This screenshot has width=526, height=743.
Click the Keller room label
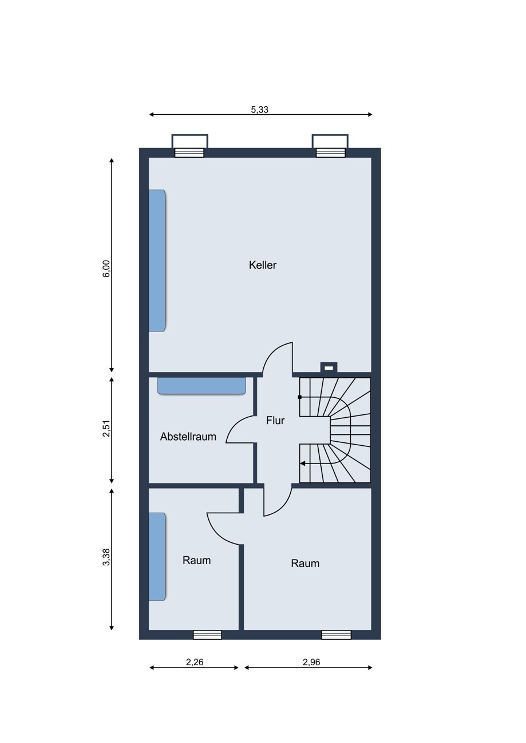pos(262,265)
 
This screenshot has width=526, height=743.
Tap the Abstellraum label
pos(188,437)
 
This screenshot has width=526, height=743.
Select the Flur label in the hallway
pos(275,421)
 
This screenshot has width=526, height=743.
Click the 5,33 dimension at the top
pos(259,110)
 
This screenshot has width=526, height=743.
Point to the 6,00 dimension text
pos(106,269)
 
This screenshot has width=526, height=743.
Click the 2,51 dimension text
pos(106,429)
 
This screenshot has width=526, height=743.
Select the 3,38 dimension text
pos(106,558)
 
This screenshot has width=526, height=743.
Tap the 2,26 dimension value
pos(194,662)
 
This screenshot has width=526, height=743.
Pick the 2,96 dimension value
pos(311,662)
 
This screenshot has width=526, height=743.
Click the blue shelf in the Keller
pos(157,261)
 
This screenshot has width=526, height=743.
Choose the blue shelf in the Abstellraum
pos(201,386)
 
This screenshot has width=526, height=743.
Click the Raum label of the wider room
pos(305,563)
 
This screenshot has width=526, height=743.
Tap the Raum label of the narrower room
pos(196,560)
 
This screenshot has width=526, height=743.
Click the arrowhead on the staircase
pos(303,464)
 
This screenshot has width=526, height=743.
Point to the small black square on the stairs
pos(299,397)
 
